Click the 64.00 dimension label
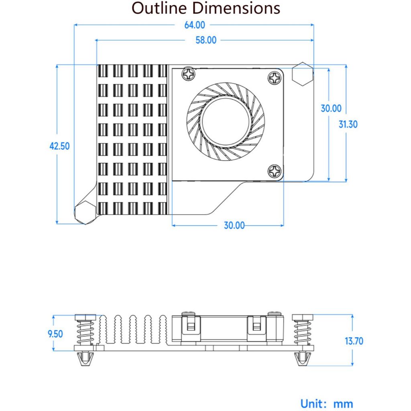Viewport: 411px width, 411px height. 194,25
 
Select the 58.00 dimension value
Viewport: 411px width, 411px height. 205,40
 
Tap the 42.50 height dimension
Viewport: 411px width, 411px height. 59,146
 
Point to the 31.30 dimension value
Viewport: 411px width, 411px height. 348,124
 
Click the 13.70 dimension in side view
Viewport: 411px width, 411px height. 354,341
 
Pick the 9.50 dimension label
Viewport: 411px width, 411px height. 55,334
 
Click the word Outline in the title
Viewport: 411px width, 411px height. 159,8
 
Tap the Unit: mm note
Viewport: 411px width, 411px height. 327,403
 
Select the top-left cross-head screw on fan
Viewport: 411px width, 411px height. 187,74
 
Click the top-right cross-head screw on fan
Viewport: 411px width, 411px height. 275,77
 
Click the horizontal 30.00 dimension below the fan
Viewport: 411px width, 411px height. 234,225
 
